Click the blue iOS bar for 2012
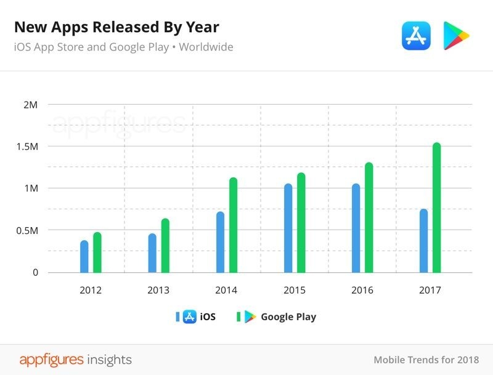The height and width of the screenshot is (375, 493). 84,256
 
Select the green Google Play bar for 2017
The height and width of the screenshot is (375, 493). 436,208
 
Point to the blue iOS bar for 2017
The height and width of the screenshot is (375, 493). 423,241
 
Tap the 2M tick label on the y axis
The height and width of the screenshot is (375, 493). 30,105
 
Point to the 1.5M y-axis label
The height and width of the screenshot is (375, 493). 26,147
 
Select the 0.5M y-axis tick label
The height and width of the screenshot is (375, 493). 26,230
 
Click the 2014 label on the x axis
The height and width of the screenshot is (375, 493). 226,290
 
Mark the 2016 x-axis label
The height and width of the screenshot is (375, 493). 362,290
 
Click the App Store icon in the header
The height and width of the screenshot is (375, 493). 416,35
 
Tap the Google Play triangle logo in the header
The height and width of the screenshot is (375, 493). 456,35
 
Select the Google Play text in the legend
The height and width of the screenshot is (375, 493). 288,317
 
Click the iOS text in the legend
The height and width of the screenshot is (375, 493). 208,317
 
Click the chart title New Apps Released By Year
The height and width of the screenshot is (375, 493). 116,27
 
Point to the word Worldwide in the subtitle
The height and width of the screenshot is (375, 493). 206,47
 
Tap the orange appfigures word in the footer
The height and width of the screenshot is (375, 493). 51,359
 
